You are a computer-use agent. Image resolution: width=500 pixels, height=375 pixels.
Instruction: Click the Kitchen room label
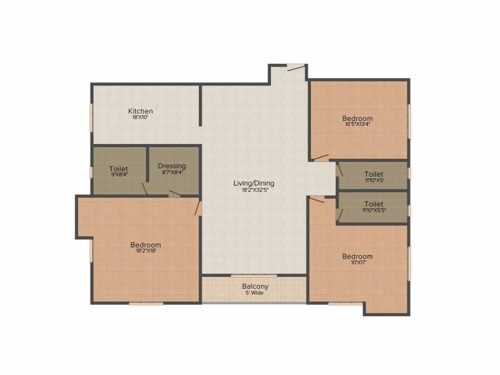(x=141, y=111)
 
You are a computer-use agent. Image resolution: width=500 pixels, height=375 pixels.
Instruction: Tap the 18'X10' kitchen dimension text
(x=141, y=117)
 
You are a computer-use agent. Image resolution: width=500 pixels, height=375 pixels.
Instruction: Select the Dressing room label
(x=172, y=166)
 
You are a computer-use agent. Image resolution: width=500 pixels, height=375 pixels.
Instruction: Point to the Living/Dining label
(x=254, y=184)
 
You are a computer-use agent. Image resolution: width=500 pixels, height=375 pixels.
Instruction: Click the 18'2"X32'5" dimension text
(x=254, y=190)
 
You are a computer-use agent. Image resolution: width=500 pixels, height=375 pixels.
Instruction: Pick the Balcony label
(x=255, y=287)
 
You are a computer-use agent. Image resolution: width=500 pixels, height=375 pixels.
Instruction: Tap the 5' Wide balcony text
(x=254, y=293)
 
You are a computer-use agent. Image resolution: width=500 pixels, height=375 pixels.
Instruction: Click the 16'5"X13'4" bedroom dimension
(x=357, y=124)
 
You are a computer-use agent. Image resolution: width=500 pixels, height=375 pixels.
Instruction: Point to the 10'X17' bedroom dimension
(x=357, y=262)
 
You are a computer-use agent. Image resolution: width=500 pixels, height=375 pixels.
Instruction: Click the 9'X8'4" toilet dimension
(x=119, y=175)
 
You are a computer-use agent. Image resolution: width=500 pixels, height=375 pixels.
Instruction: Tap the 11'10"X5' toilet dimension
(x=374, y=180)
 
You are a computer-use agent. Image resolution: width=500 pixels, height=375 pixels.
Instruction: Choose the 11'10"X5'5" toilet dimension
(x=374, y=210)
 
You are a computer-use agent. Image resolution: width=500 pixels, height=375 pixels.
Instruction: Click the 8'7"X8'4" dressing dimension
(x=172, y=172)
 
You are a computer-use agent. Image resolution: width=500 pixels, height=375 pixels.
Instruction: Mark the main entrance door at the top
(x=296, y=67)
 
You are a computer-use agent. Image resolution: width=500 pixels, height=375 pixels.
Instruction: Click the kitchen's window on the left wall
(x=91, y=117)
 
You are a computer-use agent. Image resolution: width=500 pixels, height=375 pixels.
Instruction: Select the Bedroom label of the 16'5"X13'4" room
(x=357, y=118)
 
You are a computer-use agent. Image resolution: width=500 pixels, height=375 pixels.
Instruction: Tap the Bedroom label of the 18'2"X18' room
(x=146, y=245)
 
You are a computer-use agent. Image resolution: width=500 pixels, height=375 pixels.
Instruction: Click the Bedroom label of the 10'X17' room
(x=357, y=256)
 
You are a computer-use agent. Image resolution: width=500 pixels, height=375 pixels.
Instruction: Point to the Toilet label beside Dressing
(x=119, y=169)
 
